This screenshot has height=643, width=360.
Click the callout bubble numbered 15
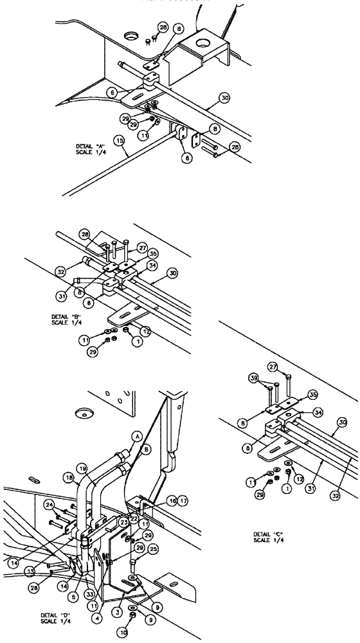(x=118, y=138)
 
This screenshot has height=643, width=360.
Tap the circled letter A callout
(x=135, y=436)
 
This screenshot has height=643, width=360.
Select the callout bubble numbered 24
(x=50, y=505)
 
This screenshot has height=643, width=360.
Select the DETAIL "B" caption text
(x=66, y=319)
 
